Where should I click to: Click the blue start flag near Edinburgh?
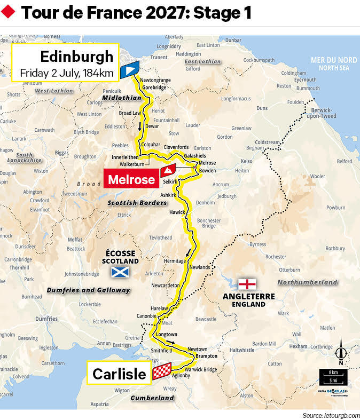click(130, 69)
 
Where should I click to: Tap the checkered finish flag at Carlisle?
click(162, 372)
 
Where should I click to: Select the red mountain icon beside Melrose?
click(169, 170)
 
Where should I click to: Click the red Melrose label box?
click(131, 179)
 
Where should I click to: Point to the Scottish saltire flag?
click(120, 273)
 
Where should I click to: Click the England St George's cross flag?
click(247, 283)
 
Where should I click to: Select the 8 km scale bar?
click(333, 373)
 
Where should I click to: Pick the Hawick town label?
click(177, 212)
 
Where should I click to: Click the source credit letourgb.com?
click(331, 415)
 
